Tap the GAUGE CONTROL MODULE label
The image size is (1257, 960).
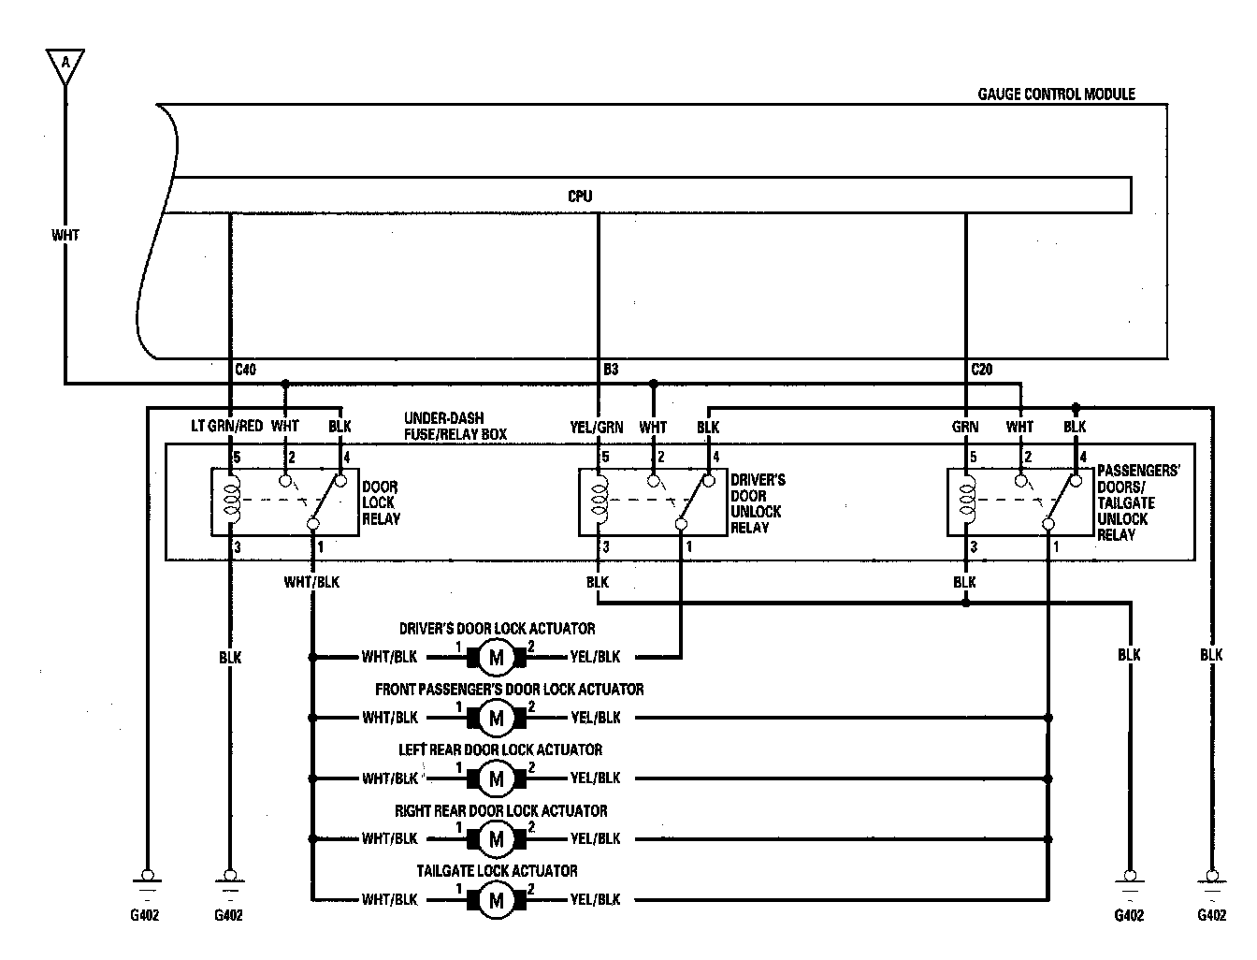click(1056, 95)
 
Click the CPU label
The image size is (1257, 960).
click(580, 196)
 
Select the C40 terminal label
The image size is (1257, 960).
click(244, 371)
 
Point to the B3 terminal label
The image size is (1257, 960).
click(610, 371)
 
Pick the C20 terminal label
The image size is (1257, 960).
click(981, 371)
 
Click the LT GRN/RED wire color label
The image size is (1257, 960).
click(226, 427)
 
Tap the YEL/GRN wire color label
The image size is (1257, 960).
click(597, 427)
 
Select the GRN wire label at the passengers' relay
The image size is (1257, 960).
click(965, 427)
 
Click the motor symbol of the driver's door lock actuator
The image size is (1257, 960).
click(496, 658)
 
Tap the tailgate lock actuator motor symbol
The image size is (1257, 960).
click(496, 901)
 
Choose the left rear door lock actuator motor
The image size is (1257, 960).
click(496, 778)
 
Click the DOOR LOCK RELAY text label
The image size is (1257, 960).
click(381, 502)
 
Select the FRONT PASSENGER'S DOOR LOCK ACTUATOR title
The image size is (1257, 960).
click(509, 690)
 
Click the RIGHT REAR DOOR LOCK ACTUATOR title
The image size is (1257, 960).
click(500, 810)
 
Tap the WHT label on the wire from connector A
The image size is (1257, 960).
click(65, 235)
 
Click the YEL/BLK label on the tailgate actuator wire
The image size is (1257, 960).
click(596, 900)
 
